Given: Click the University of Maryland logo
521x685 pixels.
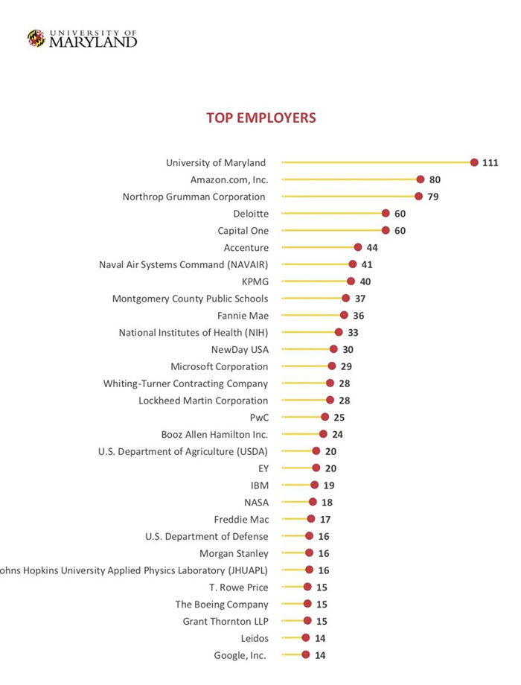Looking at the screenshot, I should (82, 39).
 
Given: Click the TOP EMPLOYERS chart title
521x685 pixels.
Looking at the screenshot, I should (260, 118).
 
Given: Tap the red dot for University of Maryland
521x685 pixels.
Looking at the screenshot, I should (474, 162).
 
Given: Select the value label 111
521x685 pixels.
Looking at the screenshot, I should (490, 163).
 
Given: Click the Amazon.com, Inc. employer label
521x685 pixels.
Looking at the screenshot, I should (229, 179).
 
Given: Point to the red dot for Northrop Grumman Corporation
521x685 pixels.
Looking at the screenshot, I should (418, 197).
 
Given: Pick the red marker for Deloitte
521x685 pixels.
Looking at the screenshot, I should (386, 214).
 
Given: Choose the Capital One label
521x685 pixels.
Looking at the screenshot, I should (243, 231).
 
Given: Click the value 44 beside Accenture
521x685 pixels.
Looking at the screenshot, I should (373, 248).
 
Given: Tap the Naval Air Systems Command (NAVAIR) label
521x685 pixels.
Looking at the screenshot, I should (184, 264).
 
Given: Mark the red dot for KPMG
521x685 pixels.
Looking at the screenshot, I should (351, 281).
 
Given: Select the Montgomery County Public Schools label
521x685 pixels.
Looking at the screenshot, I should (190, 299).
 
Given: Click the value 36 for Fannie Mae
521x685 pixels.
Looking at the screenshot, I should (359, 316).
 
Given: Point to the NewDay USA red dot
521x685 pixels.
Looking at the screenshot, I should (333, 349).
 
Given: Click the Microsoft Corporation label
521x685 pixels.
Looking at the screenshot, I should (220, 366).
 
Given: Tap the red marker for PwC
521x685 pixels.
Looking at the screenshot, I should (325, 417).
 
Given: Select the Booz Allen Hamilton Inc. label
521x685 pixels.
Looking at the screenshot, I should (214, 434).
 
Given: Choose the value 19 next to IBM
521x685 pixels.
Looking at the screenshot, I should (329, 485).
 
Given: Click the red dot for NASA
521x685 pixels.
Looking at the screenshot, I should (313, 502).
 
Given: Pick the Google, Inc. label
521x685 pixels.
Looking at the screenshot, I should (240, 655).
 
